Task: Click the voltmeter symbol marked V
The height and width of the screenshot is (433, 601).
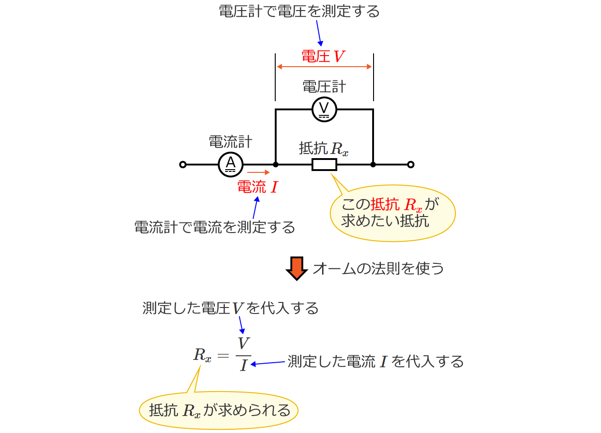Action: (x=324, y=109)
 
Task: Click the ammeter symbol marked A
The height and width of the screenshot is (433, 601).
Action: (x=231, y=164)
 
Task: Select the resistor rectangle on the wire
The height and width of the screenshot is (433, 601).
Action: (x=324, y=164)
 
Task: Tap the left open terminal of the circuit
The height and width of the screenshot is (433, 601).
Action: (x=183, y=165)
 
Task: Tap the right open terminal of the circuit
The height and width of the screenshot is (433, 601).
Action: (x=411, y=165)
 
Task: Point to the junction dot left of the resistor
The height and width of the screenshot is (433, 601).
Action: (x=275, y=164)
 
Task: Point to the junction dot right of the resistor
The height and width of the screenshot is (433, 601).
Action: (x=373, y=164)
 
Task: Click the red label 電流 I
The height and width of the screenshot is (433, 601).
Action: (x=257, y=187)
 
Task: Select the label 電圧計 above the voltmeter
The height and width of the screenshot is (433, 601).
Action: (x=324, y=86)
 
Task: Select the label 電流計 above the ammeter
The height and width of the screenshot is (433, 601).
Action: (x=231, y=142)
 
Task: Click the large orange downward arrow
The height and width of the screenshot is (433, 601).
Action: (x=296, y=268)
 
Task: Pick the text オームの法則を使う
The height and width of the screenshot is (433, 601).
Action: (x=378, y=268)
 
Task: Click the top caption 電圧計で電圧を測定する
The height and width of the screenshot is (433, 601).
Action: (x=299, y=11)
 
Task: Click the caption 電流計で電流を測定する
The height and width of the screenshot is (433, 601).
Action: (x=215, y=227)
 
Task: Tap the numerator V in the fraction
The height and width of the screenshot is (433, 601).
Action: (x=243, y=343)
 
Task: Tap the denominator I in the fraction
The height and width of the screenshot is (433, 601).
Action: (x=244, y=365)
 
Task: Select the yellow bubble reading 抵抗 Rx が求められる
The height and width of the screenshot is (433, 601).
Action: (x=219, y=410)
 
